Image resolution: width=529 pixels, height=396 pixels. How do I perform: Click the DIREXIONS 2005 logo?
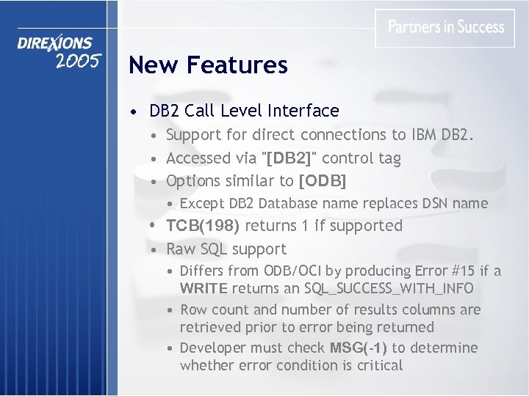pyautogui.click(x=57, y=51)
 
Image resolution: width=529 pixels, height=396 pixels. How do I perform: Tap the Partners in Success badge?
pyautogui.click(x=445, y=28)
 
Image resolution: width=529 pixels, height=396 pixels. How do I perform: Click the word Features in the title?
pyautogui.click(x=237, y=65)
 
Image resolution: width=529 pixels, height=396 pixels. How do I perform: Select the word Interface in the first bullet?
pyautogui.click(x=303, y=111)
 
